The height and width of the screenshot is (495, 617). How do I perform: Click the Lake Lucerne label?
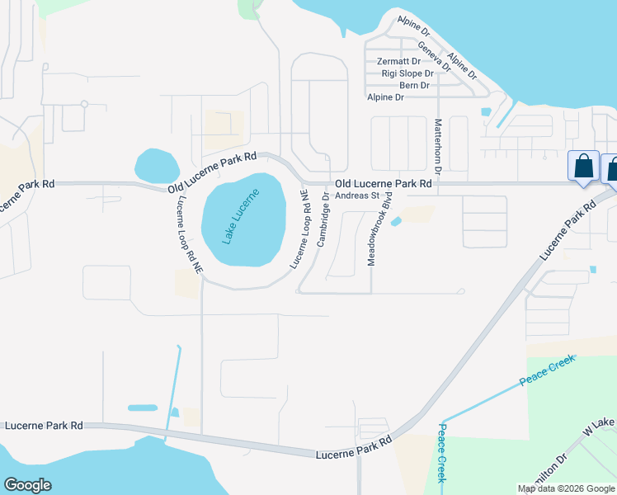[241, 217]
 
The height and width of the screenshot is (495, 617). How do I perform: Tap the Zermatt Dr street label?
[398, 62]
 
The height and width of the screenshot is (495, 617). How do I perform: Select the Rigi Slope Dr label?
[407, 73]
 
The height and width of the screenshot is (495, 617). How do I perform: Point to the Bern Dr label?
[414, 85]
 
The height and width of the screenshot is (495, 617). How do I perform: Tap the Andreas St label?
[356, 196]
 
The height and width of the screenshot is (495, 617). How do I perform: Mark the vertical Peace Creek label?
[442, 453]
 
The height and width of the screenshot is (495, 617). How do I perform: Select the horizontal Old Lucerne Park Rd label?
[383, 183]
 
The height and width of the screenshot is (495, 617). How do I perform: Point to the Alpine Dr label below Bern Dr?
[385, 97]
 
